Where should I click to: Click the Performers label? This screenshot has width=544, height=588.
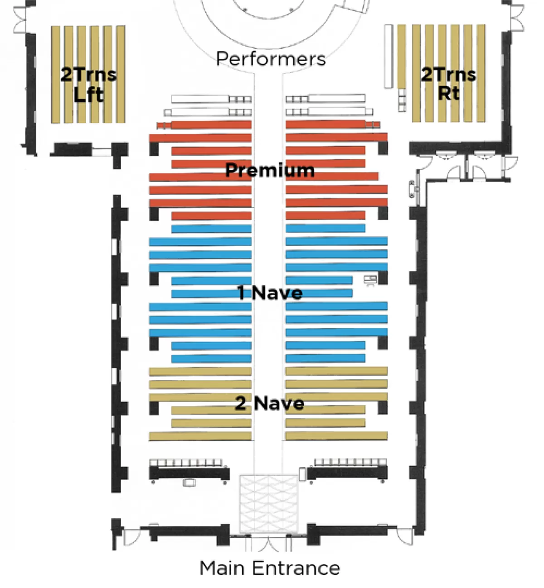click(271, 59)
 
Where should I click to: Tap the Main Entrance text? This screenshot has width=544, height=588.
click(270, 568)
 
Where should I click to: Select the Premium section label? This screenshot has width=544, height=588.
click(270, 170)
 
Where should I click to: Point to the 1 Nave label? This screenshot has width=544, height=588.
click(270, 293)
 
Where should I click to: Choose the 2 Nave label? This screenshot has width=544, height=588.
click(270, 403)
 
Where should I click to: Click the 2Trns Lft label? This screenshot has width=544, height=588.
click(88, 85)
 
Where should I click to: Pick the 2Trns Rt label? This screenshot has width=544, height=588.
click(448, 84)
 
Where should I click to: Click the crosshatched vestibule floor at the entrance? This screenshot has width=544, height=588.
click(268, 504)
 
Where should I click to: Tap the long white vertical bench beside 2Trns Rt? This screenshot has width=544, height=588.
click(388, 56)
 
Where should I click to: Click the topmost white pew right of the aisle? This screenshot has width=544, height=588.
click(336, 98)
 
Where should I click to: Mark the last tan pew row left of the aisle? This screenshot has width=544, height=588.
click(200, 436)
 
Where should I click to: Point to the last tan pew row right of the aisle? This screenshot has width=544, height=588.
click(336, 435)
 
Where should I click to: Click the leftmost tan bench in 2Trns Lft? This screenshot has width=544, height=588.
click(56, 74)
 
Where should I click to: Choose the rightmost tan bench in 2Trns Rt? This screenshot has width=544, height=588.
click(481, 73)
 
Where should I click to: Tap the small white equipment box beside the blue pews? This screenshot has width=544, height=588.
click(370, 280)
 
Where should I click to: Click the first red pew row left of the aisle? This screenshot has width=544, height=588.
click(204, 125)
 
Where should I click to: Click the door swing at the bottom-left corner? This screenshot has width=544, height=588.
click(130, 538)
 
